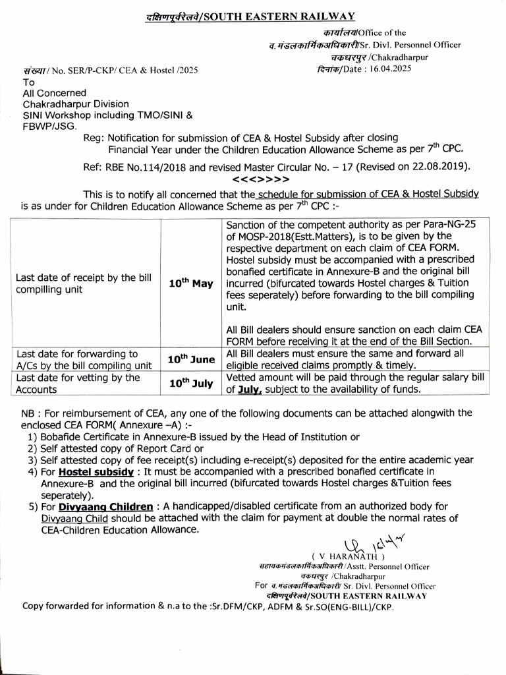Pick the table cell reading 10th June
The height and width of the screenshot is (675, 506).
(191, 359)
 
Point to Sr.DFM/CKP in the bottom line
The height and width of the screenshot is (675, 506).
(234, 606)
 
